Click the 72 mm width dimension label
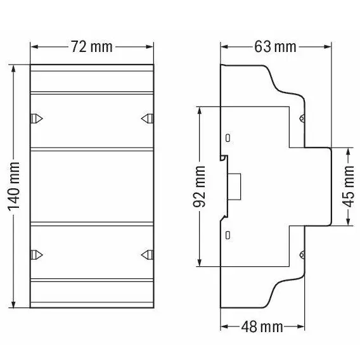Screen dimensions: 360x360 coord(92,47)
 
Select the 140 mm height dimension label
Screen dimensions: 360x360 coord(14,186)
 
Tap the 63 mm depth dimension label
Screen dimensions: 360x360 coord(275,47)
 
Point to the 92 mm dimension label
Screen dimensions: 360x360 coord(199,186)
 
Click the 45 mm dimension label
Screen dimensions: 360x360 coord(349,186)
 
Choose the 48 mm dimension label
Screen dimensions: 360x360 coord(262,326)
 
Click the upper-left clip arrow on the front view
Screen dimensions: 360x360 coord(37,119)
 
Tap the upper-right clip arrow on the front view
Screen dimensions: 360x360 coord(147,119)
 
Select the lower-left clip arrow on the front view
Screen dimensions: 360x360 coord(37,255)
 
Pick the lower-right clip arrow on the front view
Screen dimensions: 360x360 coord(147,255)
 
